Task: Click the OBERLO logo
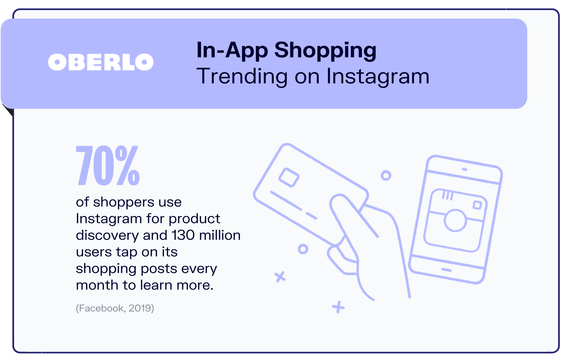point(101,62)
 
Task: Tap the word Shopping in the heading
point(325,51)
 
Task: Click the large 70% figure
point(108,166)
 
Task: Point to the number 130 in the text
point(183,235)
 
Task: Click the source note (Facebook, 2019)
point(115,308)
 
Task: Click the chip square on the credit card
point(289,178)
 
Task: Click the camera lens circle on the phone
point(455,220)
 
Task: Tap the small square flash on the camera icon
point(477,205)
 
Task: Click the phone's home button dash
point(446,270)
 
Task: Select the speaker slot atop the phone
point(464,169)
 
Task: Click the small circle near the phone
point(386,176)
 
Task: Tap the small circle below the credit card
point(303,249)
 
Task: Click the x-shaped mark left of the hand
point(280,277)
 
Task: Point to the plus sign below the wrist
point(338,307)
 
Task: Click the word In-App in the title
point(232,50)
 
